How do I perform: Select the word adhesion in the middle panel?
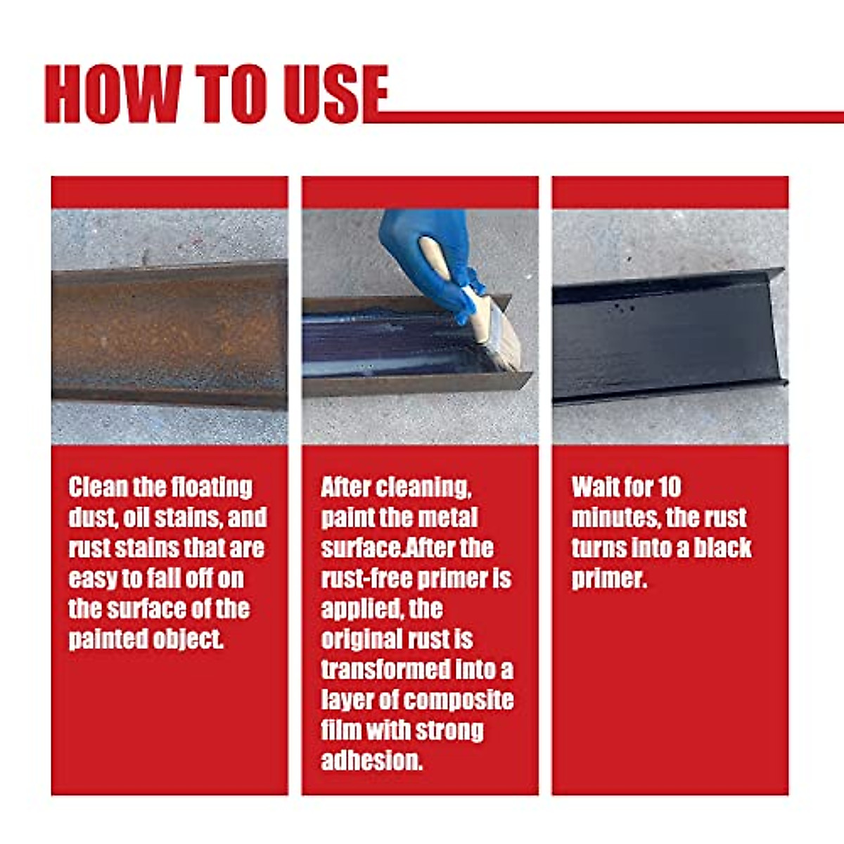tap(371, 761)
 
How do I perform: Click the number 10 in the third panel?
tap(669, 487)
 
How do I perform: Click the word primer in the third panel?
tap(608, 579)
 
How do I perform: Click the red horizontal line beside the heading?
tap(612, 117)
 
